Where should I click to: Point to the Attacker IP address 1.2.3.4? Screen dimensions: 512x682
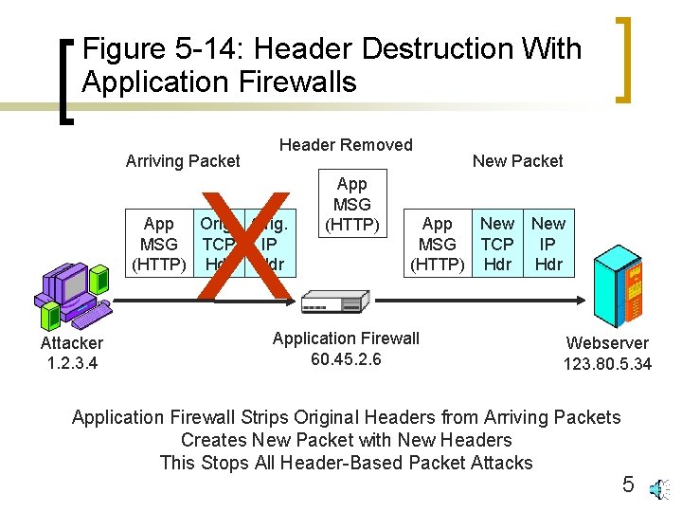click(72, 363)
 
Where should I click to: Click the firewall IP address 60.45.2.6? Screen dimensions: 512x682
click(346, 358)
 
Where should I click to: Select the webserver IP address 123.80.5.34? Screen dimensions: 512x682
click(607, 363)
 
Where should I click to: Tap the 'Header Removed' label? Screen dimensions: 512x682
click(346, 145)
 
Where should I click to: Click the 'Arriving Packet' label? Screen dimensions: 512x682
click(183, 161)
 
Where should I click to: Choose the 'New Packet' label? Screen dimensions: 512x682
click(517, 161)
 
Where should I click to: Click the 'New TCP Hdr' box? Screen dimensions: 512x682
click(497, 244)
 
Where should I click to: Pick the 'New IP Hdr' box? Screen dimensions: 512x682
click(548, 244)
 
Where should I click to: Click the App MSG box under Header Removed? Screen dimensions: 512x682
click(352, 204)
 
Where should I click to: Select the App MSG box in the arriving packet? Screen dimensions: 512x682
click(158, 244)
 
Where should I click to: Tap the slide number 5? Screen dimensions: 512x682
click(628, 485)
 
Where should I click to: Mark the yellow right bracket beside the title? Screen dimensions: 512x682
click(624, 57)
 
